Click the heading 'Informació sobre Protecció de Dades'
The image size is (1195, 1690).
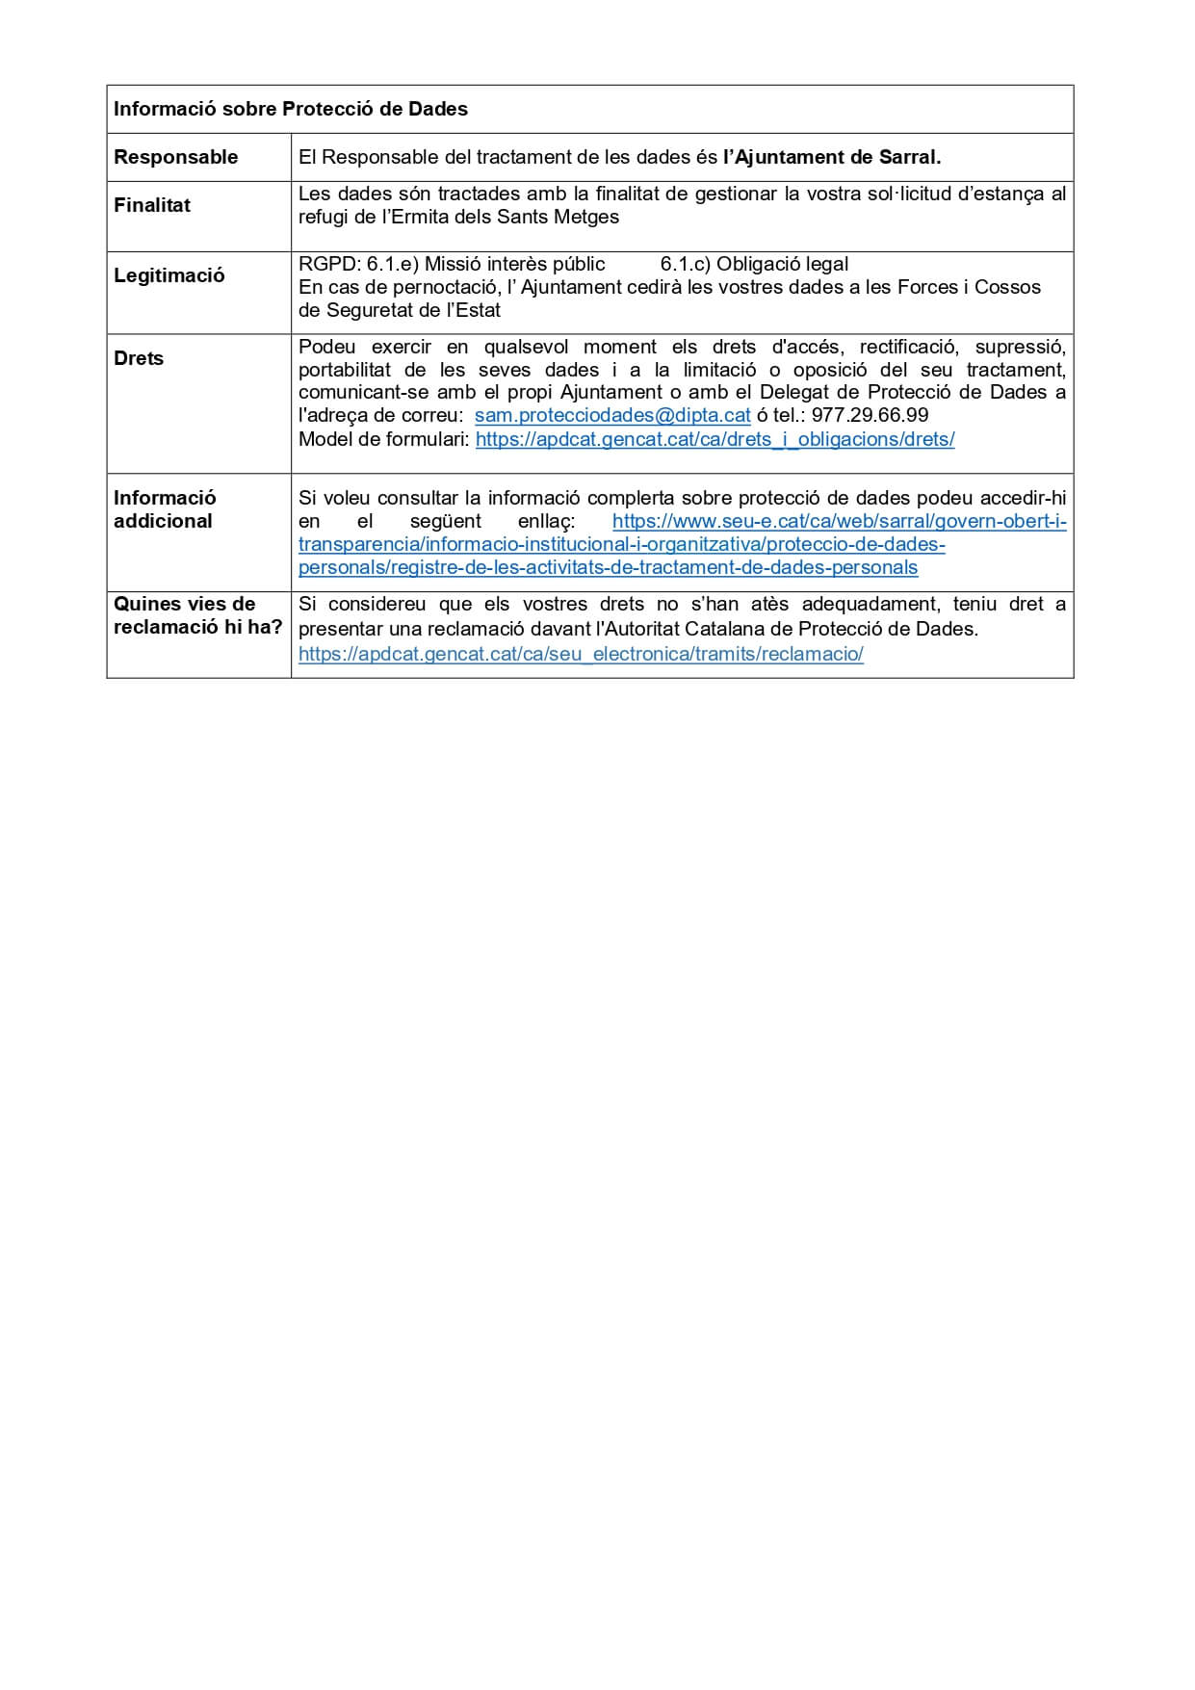pos(291,109)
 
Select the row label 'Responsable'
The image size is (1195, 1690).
pos(175,157)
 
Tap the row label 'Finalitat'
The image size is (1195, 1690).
pos(152,205)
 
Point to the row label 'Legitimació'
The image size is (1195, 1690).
pos(169,275)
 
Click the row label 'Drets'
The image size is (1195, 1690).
pos(139,358)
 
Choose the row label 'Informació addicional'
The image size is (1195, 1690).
pos(165,509)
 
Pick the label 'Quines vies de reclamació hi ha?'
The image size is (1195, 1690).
pos(197,615)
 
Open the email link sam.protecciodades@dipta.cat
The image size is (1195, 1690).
pos(612,416)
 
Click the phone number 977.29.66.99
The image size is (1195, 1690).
pos(870,416)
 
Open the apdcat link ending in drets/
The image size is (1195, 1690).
pos(714,439)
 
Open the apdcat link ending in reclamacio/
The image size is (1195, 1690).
pos(581,654)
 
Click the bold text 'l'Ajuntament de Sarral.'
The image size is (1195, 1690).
pos(832,157)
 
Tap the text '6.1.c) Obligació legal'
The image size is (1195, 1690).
pos(755,264)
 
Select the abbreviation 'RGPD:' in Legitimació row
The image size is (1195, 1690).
pos(329,264)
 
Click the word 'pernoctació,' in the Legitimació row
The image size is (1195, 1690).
pos(446,287)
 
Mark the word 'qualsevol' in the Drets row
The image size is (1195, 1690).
pos(526,347)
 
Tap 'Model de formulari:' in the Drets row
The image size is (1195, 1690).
pos(383,439)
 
